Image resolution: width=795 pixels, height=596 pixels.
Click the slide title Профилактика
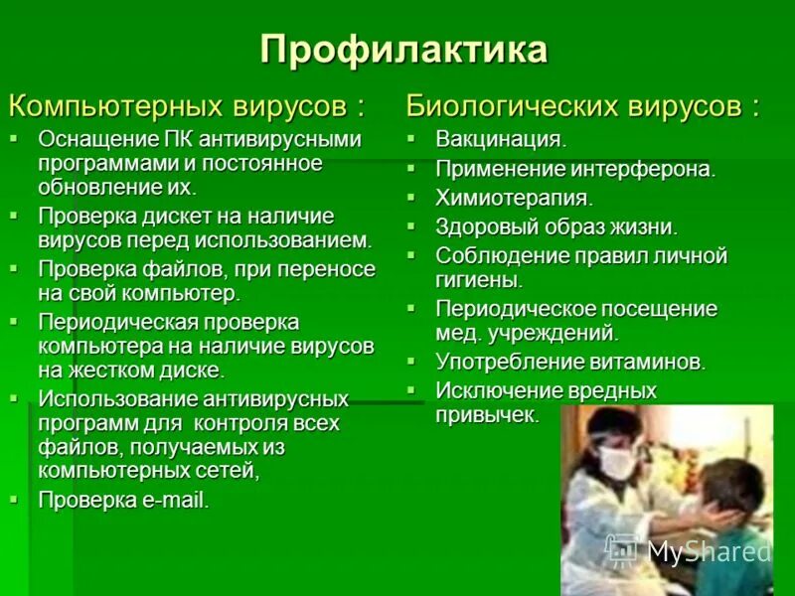pos(403,50)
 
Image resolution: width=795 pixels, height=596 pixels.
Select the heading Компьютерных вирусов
pos(186,105)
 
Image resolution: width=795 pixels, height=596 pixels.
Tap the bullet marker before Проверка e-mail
pos(15,498)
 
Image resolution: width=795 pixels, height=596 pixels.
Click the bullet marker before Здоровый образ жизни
pos(412,225)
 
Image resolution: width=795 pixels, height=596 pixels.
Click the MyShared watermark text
pos(709,551)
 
